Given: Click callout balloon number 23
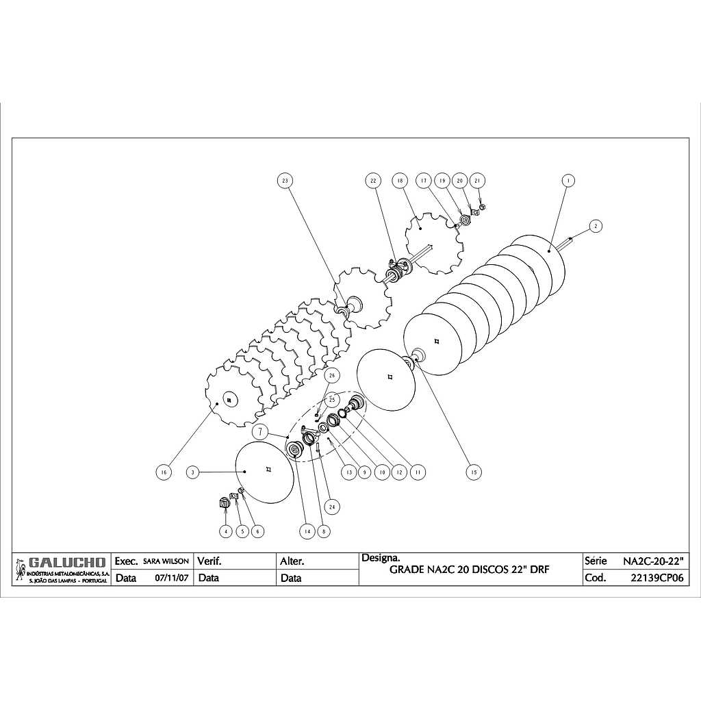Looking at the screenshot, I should point(285,181).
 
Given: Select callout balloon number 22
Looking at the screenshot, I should point(373,181).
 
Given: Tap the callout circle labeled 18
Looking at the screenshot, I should point(400,181).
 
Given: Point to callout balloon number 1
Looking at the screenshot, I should point(567,181).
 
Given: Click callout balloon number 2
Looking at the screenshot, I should point(596,225).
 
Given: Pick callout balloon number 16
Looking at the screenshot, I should point(162,472).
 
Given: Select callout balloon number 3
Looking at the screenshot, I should point(194,472).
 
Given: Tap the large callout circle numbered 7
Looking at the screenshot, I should point(261,432).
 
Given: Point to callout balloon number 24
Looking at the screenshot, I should point(332,507).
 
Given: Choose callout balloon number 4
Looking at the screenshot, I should point(225,531).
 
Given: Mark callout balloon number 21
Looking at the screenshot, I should point(479,181).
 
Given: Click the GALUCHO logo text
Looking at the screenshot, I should point(67,563).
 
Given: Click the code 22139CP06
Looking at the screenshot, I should point(657,578).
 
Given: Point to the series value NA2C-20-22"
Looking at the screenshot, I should point(655,561).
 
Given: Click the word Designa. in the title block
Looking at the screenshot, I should point(375,559).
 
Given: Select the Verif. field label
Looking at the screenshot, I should point(209,561).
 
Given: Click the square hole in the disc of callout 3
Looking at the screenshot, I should point(270,469).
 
